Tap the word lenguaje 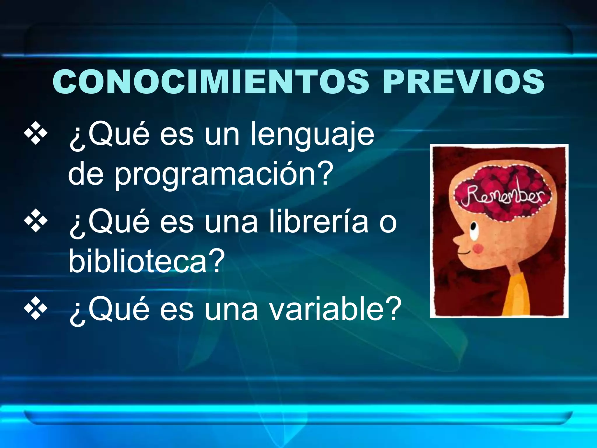click(312, 134)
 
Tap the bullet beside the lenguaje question click(36, 134)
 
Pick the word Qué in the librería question click(109, 222)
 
